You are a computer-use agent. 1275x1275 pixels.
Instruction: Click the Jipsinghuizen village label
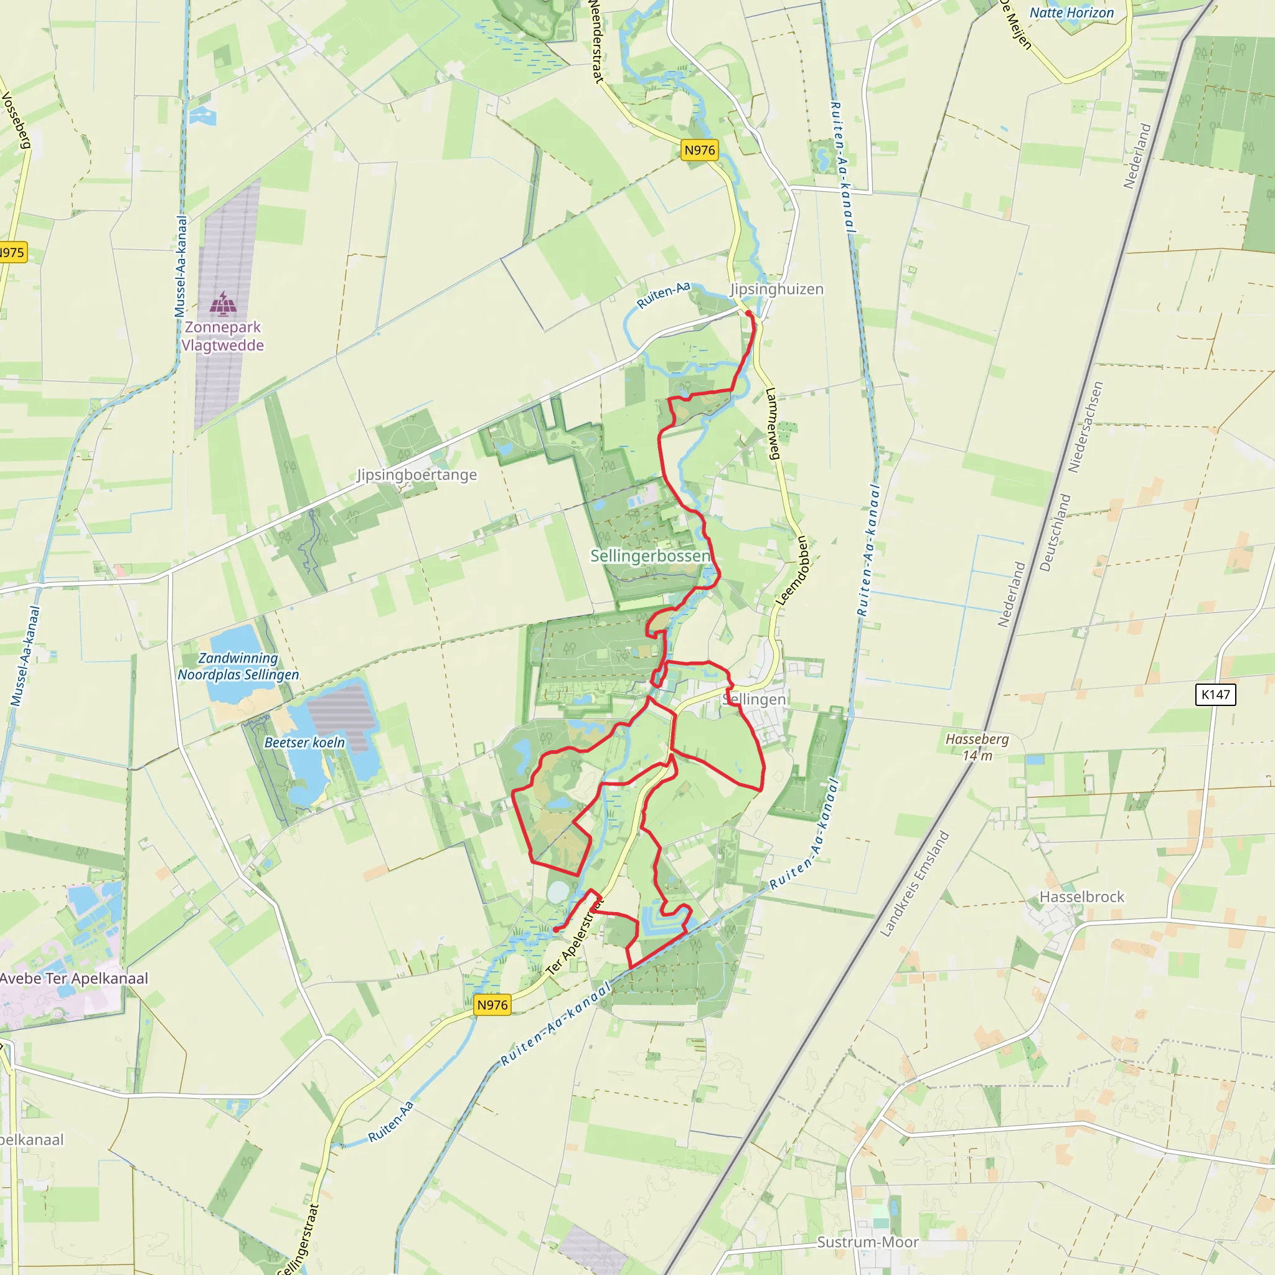(x=776, y=289)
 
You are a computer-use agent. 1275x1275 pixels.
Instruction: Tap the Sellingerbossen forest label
(x=650, y=556)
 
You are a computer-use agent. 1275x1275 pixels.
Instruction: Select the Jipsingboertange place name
(x=416, y=474)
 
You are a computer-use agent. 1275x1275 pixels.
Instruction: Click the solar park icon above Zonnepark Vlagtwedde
(x=223, y=304)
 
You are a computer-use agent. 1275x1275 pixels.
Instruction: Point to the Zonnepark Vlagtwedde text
(x=222, y=336)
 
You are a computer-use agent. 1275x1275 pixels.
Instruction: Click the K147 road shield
(x=1215, y=694)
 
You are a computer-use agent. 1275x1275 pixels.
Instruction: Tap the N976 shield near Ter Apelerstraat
(x=492, y=1004)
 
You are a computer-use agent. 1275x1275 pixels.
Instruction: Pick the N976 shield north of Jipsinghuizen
(x=700, y=150)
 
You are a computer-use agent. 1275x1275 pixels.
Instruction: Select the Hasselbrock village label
(x=1081, y=896)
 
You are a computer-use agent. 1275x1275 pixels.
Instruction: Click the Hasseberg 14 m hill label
(x=977, y=747)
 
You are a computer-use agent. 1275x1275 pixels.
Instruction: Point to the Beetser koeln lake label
(x=304, y=743)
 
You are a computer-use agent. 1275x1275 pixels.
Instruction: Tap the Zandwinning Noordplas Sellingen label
(x=238, y=667)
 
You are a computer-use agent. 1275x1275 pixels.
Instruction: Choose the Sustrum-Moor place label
(x=868, y=1242)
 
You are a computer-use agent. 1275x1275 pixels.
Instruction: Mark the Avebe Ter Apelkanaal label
(x=74, y=978)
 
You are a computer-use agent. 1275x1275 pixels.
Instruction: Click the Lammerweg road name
(x=773, y=423)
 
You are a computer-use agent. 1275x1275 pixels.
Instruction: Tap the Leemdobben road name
(x=792, y=571)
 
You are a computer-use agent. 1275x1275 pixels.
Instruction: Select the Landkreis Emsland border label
(x=915, y=883)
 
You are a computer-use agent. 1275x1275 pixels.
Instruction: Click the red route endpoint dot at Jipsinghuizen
(x=748, y=314)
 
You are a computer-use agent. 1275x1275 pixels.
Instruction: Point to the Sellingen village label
(x=755, y=699)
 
